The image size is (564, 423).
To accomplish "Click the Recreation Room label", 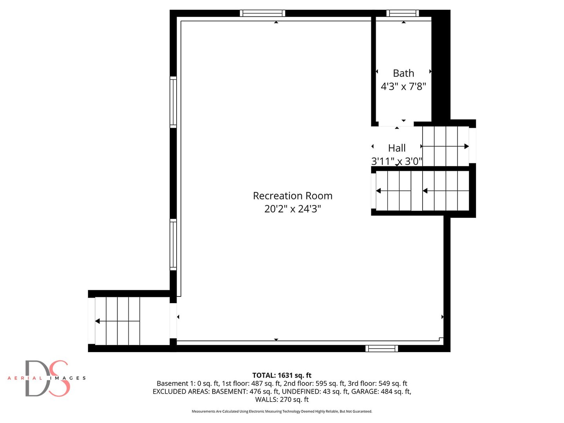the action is (293, 196).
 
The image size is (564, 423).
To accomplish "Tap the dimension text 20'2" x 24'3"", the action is (293, 209).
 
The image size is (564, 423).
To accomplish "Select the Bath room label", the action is (403, 73).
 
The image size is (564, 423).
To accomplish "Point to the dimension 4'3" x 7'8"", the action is (403, 86).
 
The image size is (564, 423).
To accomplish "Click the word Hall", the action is (397, 148).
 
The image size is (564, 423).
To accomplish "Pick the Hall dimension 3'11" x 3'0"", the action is (397, 161).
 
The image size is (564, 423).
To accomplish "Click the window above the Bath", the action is (403, 13).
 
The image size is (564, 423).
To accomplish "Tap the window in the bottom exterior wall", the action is (382, 349).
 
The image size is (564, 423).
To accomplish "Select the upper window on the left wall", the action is (173, 102).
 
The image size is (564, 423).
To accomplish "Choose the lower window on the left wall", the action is (173, 244).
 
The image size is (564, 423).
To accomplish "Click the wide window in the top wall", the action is (262, 13).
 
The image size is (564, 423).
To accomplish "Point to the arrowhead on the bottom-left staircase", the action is (98, 321).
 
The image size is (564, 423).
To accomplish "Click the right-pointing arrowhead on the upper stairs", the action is (466, 146).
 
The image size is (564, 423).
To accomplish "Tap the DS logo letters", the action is (47, 378).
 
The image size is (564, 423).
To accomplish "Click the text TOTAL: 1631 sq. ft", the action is (282, 375).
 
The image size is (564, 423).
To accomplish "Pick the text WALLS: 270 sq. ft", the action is (282, 399).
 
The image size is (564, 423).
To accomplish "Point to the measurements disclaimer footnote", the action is (282, 411).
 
